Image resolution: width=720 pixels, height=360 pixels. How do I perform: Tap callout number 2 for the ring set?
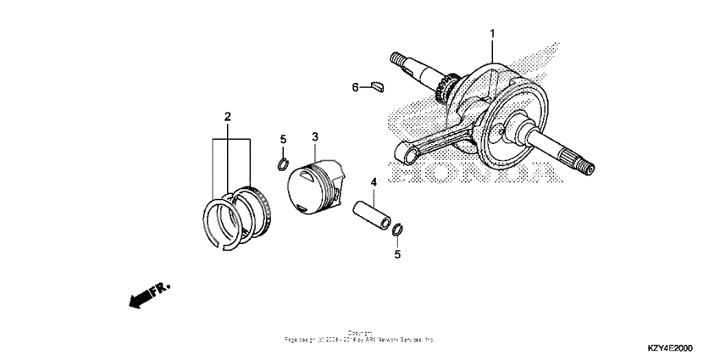[x=228, y=115]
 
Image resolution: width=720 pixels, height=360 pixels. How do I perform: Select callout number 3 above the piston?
[x=314, y=137]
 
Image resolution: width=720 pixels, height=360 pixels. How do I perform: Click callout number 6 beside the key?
[x=357, y=86]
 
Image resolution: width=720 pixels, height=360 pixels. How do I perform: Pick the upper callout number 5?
[x=285, y=139]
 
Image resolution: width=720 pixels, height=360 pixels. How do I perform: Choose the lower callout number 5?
[x=396, y=253]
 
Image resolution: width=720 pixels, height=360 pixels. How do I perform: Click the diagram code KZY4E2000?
[x=668, y=348]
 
